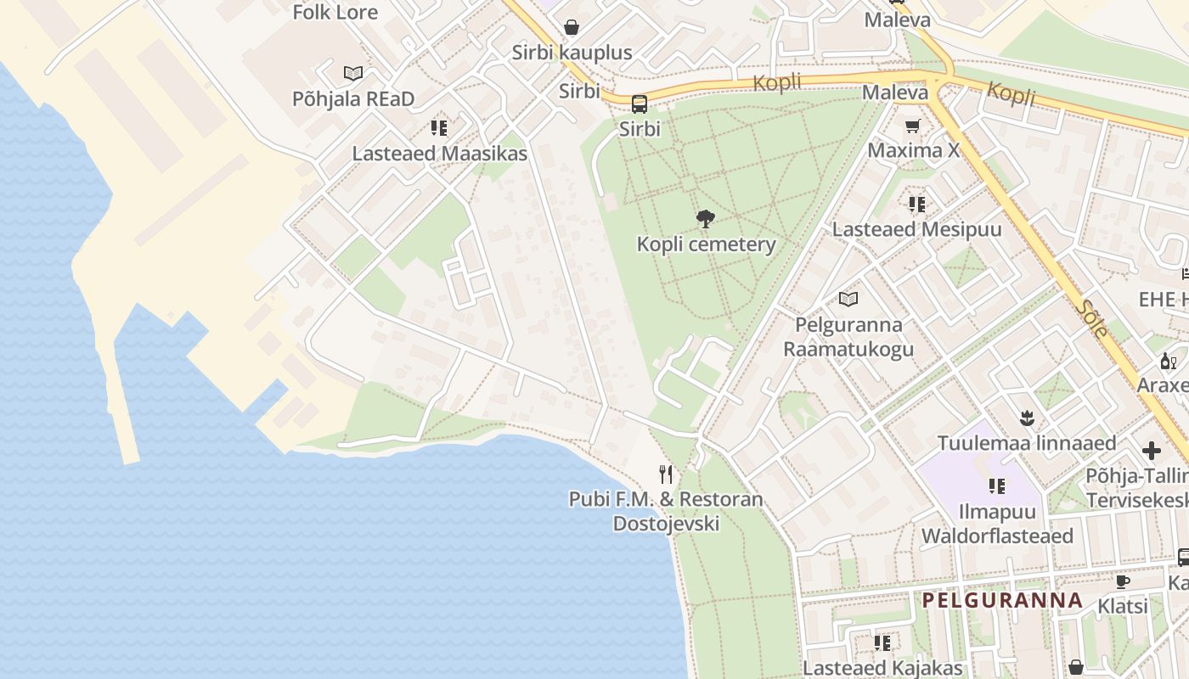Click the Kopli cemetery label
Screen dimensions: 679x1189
pos(706,244)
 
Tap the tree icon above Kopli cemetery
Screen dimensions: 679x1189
pos(705,219)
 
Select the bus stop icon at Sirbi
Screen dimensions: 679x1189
pos(640,104)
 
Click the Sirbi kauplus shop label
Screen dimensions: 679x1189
pos(572,53)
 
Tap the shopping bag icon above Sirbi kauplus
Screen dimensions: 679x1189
pos(572,27)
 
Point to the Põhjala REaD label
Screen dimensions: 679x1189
pos(353,99)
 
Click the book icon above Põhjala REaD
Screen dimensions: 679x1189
pos(353,74)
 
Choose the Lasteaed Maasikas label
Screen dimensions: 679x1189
pos(439,154)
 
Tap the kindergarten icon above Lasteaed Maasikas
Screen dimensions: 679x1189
pos(438,128)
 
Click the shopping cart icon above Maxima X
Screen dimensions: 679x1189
pos(913,126)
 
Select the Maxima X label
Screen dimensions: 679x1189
pos(913,151)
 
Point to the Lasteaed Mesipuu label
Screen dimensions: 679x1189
pos(916,229)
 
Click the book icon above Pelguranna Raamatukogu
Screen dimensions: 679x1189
pos(848,299)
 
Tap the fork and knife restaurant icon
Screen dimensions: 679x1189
pos(666,474)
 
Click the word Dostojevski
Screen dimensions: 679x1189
pos(666,523)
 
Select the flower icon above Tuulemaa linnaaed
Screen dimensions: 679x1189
pos(1027,418)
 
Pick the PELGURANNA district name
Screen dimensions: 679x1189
pos(1002,600)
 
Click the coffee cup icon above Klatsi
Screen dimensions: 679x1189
pos(1122,581)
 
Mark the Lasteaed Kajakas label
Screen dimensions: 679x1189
pos(882,668)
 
